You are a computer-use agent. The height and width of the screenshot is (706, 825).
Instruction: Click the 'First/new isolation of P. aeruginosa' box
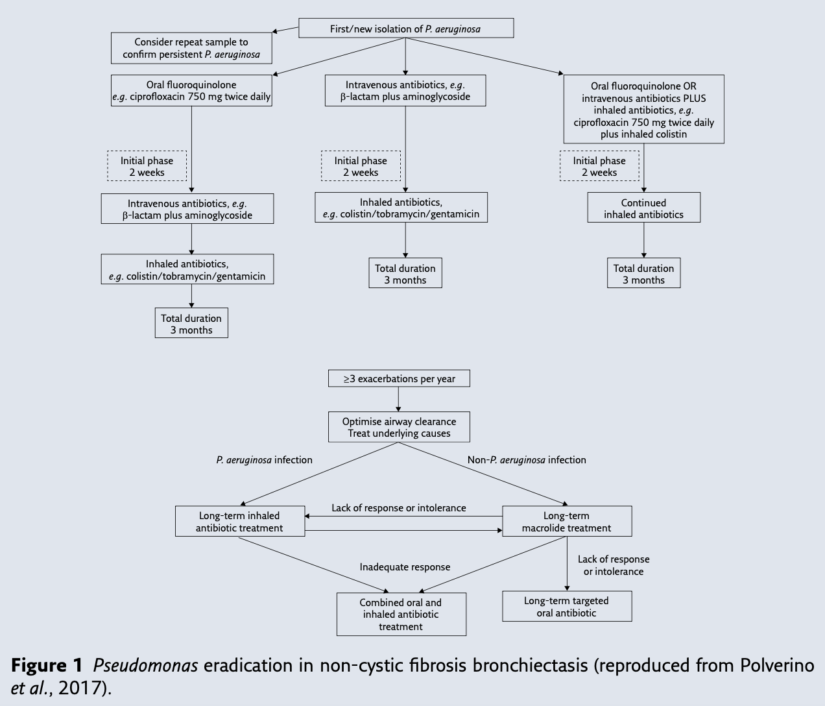coord(405,29)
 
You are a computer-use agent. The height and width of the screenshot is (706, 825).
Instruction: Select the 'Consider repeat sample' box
coord(191,48)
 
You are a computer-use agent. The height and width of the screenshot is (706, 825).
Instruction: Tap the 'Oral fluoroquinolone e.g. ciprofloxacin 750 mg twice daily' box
coord(191,91)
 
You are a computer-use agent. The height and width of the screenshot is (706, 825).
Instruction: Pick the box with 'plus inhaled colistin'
coord(643,110)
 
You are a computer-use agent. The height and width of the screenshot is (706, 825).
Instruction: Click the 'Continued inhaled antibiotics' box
coord(643,208)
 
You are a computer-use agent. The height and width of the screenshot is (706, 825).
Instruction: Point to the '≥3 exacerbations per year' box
coord(399,378)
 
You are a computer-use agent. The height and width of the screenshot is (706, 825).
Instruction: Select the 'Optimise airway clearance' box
coord(399,427)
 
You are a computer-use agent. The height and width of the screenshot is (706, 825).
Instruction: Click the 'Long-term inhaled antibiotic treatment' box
coord(239,522)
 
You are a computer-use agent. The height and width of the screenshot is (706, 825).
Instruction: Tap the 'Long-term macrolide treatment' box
coord(566,522)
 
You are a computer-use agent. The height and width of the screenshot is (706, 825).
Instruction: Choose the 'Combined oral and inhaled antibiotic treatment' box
coord(401,614)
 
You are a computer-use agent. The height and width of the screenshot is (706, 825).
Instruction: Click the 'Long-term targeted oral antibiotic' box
coord(566,606)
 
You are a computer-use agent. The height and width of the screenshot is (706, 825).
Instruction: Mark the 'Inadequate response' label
coord(405,567)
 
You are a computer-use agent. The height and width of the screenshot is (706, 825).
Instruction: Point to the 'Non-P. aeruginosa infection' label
coord(527,460)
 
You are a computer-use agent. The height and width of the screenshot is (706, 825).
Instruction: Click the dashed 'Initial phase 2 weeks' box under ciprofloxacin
coord(147,167)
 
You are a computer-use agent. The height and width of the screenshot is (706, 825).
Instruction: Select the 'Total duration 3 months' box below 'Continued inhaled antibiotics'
coord(643,274)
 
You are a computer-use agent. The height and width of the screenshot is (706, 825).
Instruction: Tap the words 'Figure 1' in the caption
coord(47,666)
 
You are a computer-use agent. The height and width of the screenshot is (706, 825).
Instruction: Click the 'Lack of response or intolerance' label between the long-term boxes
coord(399,508)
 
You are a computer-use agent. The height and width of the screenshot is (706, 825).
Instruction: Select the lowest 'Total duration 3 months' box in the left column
coord(191,323)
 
